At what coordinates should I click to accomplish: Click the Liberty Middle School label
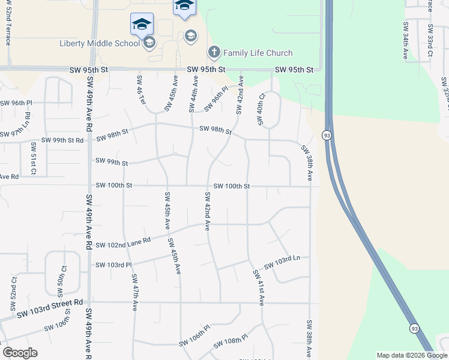(100, 43)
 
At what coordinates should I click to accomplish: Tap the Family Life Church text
(258, 53)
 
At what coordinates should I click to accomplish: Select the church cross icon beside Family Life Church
(214, 53)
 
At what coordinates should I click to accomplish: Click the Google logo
(20, 353)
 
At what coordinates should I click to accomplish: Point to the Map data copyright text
(411, 355)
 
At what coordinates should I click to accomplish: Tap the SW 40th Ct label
(261, 109)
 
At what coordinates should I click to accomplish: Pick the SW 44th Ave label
(193, 94)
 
